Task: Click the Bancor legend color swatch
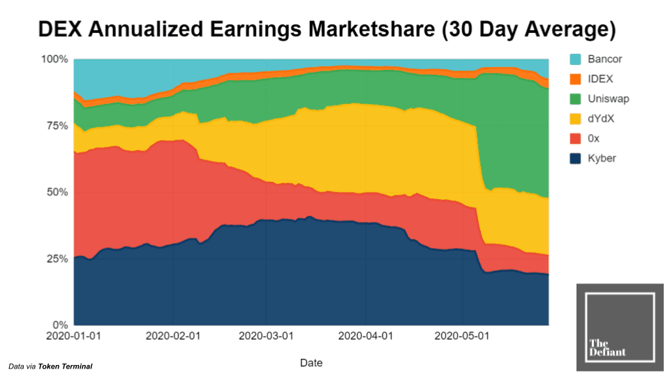tap(576, 59)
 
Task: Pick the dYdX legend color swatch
tap(576, 119)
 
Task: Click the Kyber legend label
tap(602, 158)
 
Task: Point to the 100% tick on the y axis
tap(54, 59)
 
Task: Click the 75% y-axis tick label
tap(57, 126)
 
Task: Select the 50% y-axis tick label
tap(57, 192)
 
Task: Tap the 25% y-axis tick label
tap(57, 258)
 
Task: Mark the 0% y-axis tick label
tap(59, 325)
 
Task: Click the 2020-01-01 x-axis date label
tap(73, 336)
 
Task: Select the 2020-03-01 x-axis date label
tap(266, 336)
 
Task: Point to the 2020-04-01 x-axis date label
tap(365, 336)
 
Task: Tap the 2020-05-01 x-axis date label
tap(461, 336)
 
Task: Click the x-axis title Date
tap(311, 363)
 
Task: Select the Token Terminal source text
tap(65, 367)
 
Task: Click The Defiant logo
tap(620, 327)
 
